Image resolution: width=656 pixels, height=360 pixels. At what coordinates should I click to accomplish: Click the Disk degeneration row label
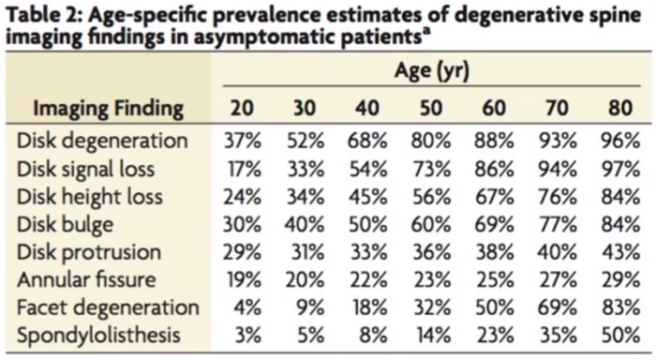[x=102, y=141]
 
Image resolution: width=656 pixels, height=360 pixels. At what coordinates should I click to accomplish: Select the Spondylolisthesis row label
[x=98, y=336]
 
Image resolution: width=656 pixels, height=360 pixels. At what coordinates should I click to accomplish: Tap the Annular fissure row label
[x=86, y=279]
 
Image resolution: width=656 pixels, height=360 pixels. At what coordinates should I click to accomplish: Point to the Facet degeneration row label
[x=108, y=308]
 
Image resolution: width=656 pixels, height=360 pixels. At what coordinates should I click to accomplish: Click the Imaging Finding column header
[x=109, y=109]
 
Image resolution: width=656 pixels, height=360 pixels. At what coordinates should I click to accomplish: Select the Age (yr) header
[x=432, y=71]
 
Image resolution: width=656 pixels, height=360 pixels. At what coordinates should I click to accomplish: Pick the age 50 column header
[x=431, y=108]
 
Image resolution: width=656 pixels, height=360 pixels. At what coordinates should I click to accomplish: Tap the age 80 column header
[x=620, y=108]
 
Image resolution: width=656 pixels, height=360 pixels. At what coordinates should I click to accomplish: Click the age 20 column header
[x=242, y=108]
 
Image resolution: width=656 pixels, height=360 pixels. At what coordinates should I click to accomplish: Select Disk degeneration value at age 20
[x=242, y=141]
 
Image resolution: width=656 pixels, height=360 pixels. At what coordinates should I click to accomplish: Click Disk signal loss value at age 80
[x=620, y=169]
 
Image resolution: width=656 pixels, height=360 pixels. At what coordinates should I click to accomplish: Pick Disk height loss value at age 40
[x=367, y=197]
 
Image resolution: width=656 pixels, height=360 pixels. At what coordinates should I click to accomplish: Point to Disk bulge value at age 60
[x=494, y=225]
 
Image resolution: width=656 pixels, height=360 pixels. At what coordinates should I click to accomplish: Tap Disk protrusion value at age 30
[x=306, y=252]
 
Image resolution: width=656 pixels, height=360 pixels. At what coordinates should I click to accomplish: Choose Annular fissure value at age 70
[x=558, y=280]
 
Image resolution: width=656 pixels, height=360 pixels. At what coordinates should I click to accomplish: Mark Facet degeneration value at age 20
[x=247, y=308]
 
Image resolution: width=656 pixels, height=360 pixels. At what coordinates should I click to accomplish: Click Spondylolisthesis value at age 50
[x=433, y=336]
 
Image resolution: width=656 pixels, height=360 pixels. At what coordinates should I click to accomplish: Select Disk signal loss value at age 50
[x=431, y=169]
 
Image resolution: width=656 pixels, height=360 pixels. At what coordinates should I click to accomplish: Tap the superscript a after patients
[x=426, y=31]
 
